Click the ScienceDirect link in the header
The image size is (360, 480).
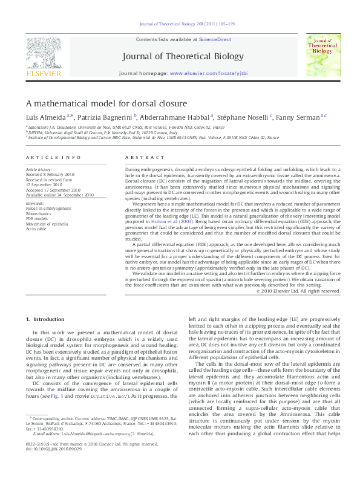pos(215,39)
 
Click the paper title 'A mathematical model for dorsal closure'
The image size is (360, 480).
pos(106,103)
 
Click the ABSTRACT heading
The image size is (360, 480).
pos(136,157)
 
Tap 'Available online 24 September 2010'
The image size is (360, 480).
pos(60,195)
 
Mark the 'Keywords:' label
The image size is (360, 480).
pos(36,204)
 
